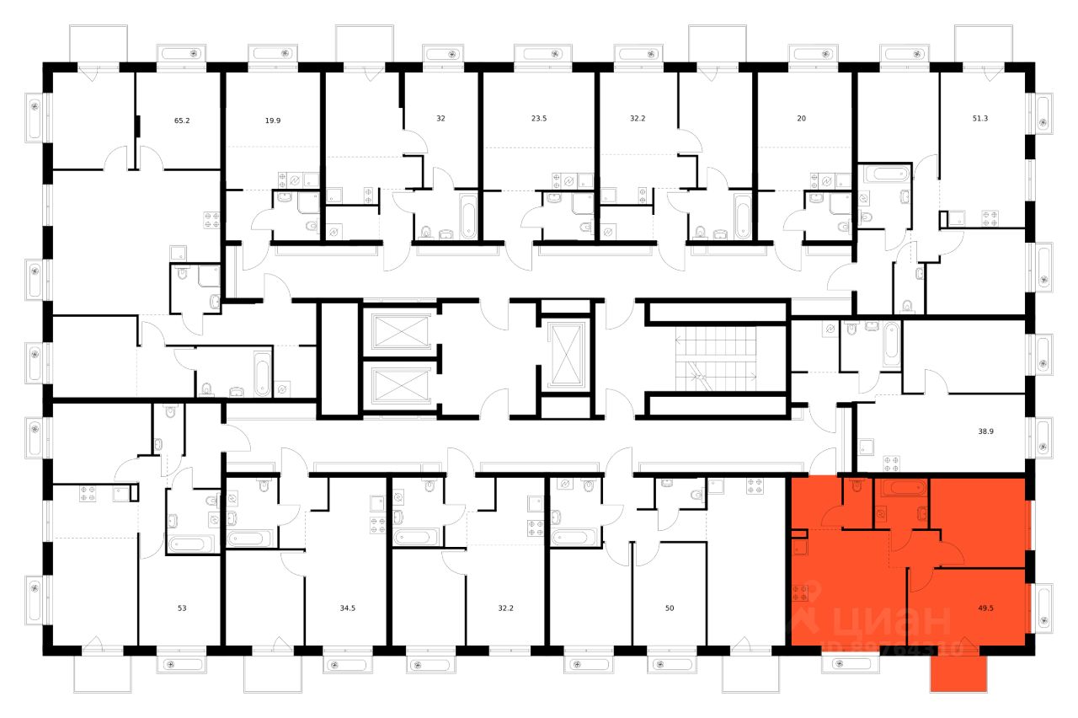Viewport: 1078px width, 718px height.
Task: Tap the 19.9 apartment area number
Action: [x=272, y=121]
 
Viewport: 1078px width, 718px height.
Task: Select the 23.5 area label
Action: [x=539, y=119]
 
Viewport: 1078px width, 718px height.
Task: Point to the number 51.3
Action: [x=982, y=119]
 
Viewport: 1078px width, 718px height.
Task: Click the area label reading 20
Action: [x=801, y=119]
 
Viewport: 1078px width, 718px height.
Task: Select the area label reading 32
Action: [x=440, y=119]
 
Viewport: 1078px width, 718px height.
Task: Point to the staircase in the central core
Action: [x=718, y=358]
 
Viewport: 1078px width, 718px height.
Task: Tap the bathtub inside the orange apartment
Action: [x=901, y=487]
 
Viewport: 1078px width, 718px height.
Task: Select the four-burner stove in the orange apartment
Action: [x=800, y=592]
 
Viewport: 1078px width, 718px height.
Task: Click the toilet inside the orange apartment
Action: [x=857, y=487]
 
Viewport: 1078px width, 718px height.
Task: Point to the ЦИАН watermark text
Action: [x=889, y=622]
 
